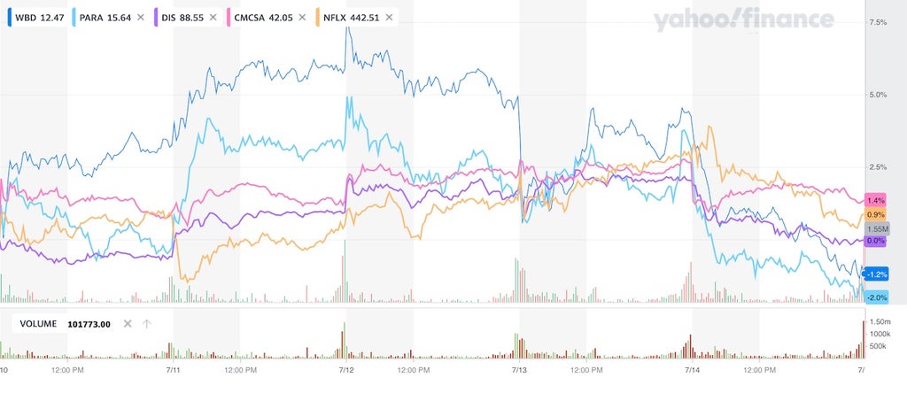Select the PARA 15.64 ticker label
tap(105, 18)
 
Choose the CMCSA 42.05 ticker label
tap(254, 18)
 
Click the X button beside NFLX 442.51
tap(389, 18)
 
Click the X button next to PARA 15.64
tap(140, 18)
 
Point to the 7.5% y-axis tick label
tap(878, 22)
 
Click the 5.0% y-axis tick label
tap(878, 95)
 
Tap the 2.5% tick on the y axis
tap(878, 167)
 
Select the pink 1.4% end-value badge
tap(875, 201)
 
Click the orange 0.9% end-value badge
tap(876, 215)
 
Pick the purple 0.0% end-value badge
tap(876, 241)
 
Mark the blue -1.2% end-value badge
tap(876, 274)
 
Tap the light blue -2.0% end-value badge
tap(876, 297)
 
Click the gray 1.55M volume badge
tap(877, 228)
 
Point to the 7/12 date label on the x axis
tap(346, 369)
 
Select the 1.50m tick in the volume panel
tap(880, 321)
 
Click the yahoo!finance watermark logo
tap(744, 21)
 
